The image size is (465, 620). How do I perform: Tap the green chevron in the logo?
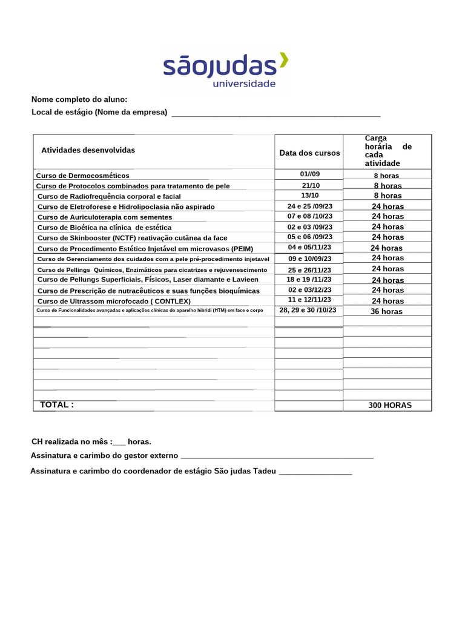(283, 61)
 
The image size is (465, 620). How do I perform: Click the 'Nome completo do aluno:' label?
(79, 99)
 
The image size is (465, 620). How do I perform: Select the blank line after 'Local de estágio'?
(276, 113)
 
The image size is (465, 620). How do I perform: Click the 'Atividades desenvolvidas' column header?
(88, 150)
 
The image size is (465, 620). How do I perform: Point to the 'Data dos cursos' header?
(309, 153)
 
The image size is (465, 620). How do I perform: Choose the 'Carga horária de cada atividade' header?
(387, 151)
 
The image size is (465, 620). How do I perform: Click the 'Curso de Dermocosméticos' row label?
(83, 176)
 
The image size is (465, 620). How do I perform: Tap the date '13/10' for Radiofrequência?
(309, 196)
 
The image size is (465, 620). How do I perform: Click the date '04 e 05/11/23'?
(309, 248)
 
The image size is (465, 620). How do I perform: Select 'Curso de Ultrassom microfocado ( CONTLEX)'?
(114, 301)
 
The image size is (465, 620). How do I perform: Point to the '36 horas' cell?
(387, 311)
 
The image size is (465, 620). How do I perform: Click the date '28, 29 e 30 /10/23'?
(308, 310)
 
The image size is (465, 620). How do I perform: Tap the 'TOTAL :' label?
(57, 404)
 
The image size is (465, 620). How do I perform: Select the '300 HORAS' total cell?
(389, 405)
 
